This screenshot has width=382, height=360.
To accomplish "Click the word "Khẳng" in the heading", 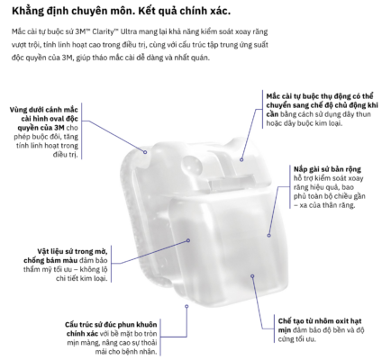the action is pos(27,11).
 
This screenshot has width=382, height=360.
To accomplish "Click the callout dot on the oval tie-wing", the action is pos(145,152).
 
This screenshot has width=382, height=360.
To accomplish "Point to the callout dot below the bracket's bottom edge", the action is pos(186,306).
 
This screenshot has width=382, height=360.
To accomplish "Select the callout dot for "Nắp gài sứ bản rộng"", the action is pos(268,236).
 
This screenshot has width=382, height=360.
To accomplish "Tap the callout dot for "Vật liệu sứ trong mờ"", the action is pos(188,240).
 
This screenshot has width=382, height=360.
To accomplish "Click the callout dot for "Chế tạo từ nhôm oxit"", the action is pos(252,276).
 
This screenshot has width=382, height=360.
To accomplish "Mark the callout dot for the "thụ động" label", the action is pos(241,160).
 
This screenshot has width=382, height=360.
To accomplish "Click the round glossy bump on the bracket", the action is pos(190,165).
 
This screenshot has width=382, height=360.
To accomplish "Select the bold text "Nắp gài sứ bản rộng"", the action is pos(327,169).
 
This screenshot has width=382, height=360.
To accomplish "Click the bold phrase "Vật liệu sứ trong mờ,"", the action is pos(72,251).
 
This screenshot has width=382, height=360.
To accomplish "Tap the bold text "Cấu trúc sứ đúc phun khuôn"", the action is pos(111,325).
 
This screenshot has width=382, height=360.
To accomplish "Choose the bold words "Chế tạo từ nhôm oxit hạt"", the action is pos(320,321).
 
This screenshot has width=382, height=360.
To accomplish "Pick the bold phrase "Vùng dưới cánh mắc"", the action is pos(44,110).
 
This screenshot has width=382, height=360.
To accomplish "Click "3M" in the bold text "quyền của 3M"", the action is pos(59,128).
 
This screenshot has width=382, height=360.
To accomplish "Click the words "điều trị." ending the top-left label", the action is pos(66,155).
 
